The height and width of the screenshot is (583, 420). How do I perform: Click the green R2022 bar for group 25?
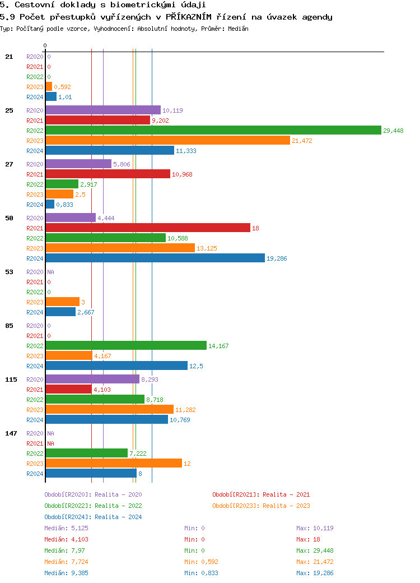point(213,130)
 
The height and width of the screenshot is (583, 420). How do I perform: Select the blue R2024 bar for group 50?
point(155,258)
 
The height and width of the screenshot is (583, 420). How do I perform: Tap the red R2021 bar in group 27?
point(108,174)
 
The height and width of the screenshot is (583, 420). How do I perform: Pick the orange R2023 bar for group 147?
point(114,463)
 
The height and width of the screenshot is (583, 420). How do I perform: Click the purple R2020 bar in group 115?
point(92,379)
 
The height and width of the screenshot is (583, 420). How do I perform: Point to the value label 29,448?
point(393,131)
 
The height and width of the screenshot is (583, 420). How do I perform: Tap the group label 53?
point(9,272)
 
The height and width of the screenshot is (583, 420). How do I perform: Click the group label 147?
point(11,433)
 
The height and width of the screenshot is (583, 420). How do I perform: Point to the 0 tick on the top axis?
point(45,45)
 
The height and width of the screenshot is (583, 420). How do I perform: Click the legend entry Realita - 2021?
point(261,494)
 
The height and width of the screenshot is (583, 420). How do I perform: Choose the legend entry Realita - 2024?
point(93,517)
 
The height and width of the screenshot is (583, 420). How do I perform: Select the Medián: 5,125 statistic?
point(66,528)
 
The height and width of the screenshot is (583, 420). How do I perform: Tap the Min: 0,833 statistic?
point(201,573)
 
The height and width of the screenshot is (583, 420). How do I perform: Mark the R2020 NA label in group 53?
point(50,272)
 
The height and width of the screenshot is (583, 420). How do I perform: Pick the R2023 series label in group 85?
point(35,356)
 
